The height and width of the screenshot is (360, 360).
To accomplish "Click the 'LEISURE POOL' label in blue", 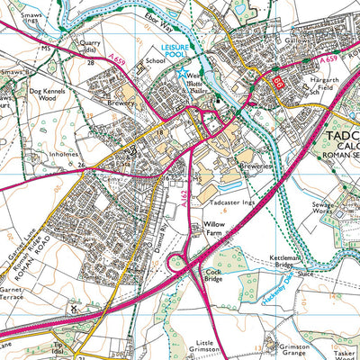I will (181, 49).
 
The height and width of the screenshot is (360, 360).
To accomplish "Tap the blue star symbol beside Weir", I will (182, 73).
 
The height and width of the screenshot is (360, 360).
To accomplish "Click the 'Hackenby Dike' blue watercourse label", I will (258, 288).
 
